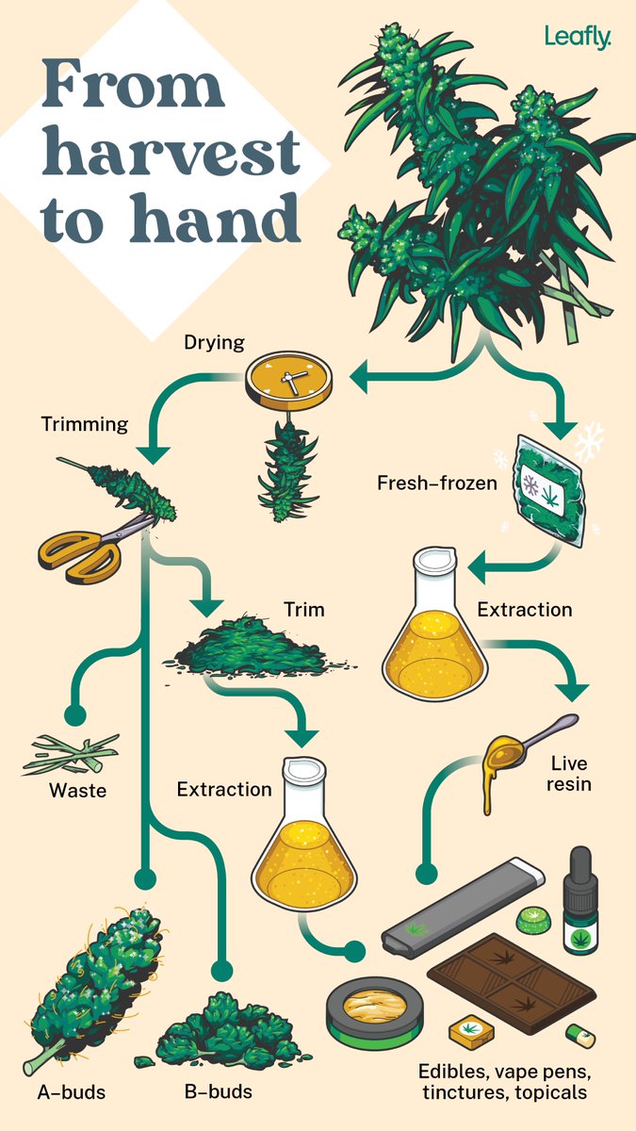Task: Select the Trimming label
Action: pyautogui.click(x=85, y=424)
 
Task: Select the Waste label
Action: pyautogui.click(x=78, y=791)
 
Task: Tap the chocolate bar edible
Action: pyautogui.click(x=509, y=980)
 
